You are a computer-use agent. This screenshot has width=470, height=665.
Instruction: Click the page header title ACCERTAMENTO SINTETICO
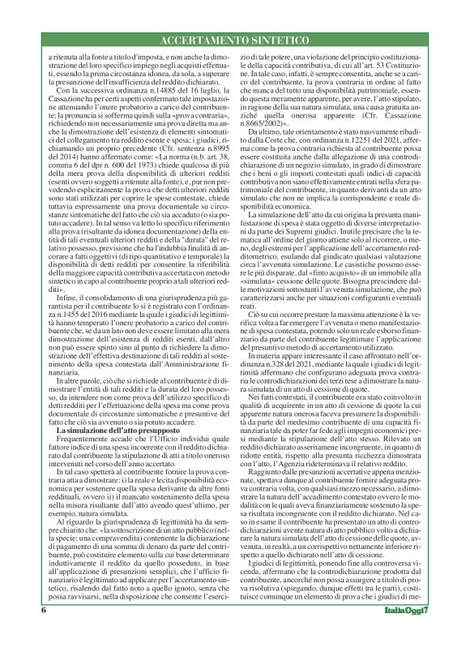tap(235, 40)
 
